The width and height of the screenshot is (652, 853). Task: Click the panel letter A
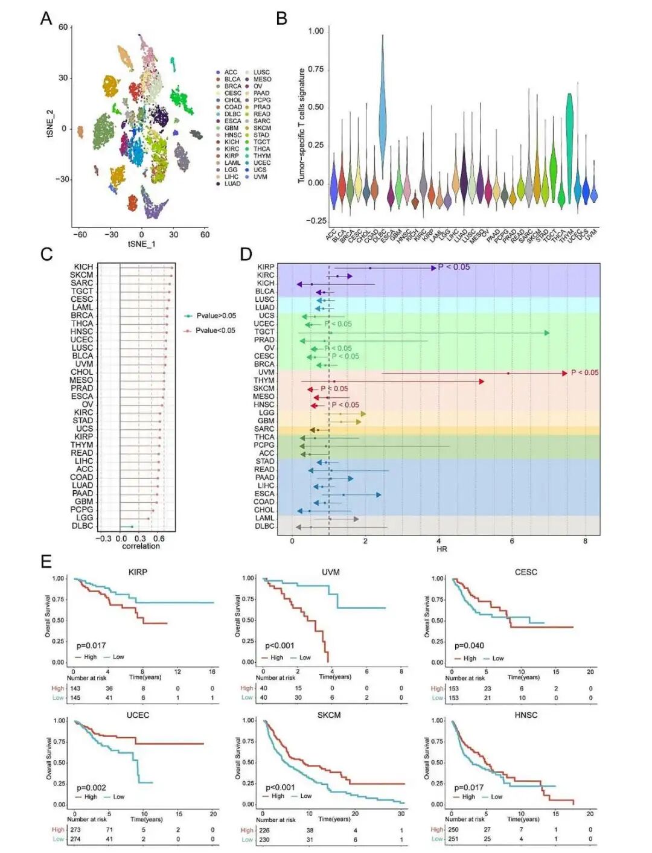pyautogui.click(x=46, y=19)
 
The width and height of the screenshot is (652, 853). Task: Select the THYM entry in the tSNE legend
pyautogui.click(x=262, y=156)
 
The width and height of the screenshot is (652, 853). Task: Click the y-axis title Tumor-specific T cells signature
pyautogui.click(x=301, y=126)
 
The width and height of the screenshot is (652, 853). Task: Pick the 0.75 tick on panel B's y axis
pyautogui.click(x=316, y=69)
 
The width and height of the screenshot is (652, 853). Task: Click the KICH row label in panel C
pyautogui.click(x=83, y=267)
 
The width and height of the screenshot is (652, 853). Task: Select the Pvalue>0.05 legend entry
pyautogui.click(x=216, y=316)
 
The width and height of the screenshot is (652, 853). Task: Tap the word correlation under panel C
pyautogui.click(x=141, y=546)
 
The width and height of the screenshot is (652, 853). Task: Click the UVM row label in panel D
pyautogui.click(x=266, y=372)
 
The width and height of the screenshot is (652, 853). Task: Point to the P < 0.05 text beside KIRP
pyautogui.click(x=453, y=267)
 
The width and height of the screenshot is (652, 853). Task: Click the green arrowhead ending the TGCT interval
pyautogui.click(x=546, y=333)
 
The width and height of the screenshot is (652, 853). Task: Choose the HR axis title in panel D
pyautogui.click(x=441, y=549)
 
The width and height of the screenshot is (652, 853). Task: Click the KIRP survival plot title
pyautogui.click(x=138, y=572)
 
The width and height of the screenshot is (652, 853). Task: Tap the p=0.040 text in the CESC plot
pyautogui.click(x=469, y=645)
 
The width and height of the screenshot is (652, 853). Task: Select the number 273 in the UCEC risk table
pyautogui.click(x=75, y=829)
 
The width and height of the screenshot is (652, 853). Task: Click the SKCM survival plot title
pyautogui.click(x=329, y=715)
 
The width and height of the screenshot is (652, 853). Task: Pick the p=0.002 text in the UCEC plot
pyautogui.click(x=91, y=787)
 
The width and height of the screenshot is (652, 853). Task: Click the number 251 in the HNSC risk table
pyautogui.click(x=453, y=839)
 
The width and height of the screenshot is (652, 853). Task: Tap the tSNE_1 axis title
pyautogui.click(x=141, y=244)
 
